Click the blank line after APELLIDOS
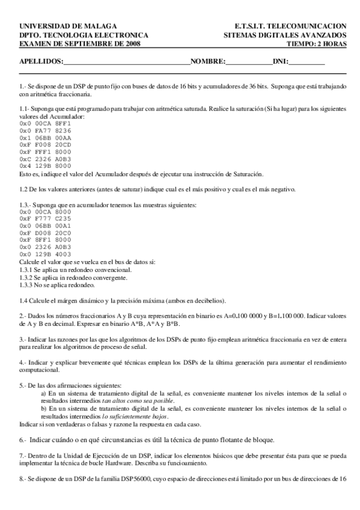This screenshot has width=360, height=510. point(126,62)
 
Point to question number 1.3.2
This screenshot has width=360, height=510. point(27,278)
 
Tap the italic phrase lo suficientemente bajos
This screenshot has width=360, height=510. point(135,416)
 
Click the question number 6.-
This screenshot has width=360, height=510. point(23,440)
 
